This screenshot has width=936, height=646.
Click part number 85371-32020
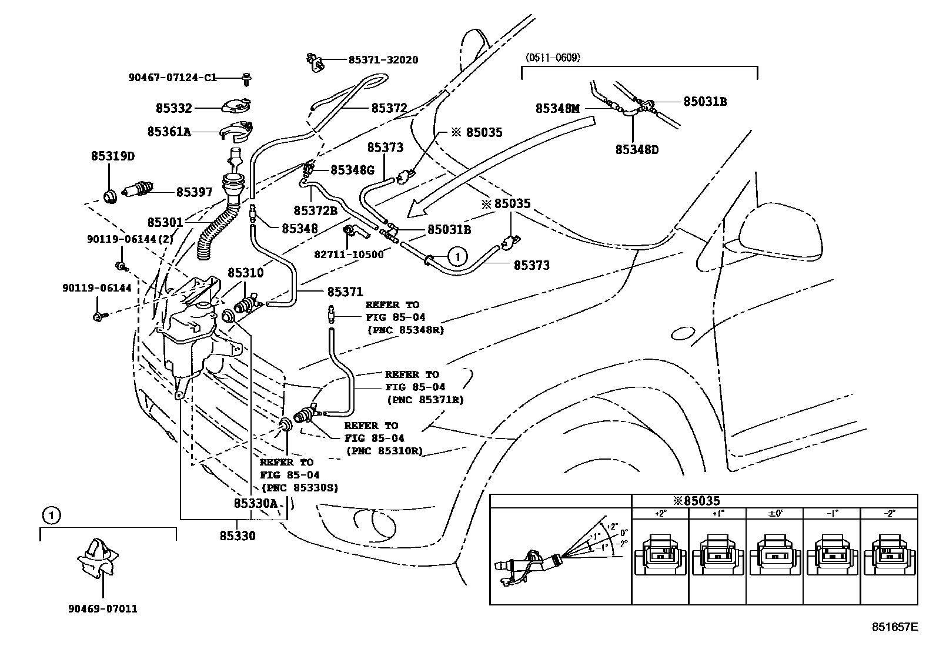point(383,60)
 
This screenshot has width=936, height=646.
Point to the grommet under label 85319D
point(110,196)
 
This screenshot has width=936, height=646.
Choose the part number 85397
point(195,192)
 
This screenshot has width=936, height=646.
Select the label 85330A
point(255,503)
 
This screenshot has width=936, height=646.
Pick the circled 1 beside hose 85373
point(457,256)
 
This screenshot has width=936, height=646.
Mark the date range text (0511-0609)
point(552,58)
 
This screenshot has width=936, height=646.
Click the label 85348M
point(557,108)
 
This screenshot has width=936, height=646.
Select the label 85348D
point(637,149)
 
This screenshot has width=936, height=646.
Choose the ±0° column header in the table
point(774,513)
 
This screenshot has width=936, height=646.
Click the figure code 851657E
point(894,627)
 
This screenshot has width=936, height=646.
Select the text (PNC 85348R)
point(406,330)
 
